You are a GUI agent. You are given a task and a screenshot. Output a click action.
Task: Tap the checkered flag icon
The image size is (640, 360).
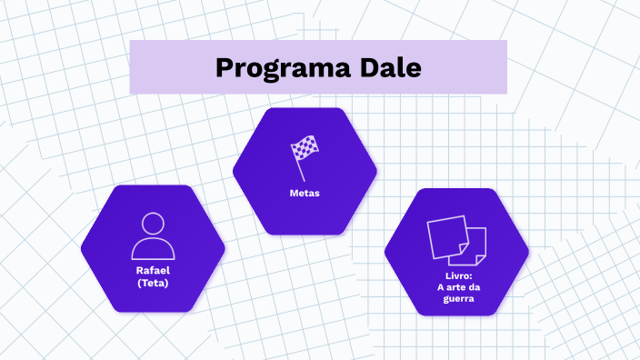(x=305, y=150)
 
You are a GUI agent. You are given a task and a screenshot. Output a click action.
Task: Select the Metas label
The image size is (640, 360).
(x=305, y=194)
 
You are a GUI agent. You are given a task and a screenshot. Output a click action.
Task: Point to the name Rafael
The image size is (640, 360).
(x=153, y=271)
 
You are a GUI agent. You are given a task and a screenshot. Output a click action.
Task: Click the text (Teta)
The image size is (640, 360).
(x=153, y=283)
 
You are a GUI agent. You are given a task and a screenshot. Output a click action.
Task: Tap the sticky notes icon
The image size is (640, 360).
(x=456, y=238)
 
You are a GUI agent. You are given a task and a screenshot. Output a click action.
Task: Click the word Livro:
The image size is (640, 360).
(x=456, y=275)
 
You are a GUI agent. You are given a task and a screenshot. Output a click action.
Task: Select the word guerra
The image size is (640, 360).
(x=456, y=298)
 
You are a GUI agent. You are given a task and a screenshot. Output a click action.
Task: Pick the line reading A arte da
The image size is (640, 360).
(x=456, y=287)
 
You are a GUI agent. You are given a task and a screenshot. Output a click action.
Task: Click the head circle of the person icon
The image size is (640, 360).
(x=153, y=224)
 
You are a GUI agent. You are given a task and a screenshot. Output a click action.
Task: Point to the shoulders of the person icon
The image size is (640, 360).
(x=153, y=250)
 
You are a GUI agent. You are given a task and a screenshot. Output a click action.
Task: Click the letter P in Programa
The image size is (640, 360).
(x=224, y=67)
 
